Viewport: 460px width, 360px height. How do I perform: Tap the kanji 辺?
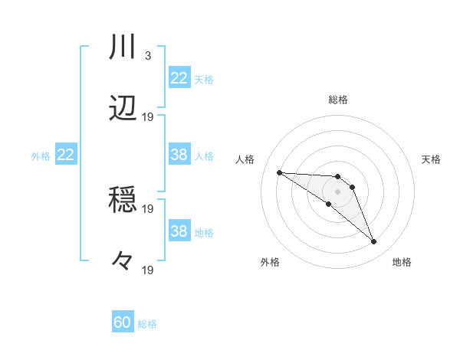[x=123, y=109]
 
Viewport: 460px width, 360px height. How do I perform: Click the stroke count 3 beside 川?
[x=147, y=56]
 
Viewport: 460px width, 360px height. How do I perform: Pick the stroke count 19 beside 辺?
[x=148, y=117]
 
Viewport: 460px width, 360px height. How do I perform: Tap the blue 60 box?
[x=123, y=322]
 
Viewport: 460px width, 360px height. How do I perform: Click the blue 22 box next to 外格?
[x=66, y=155]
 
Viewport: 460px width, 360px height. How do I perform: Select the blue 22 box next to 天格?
[x=179, y=78]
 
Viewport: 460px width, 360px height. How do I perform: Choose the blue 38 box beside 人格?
[x=179, y=155]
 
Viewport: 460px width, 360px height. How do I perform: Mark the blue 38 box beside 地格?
[x=179, y=231]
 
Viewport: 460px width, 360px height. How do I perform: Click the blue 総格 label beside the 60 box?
[x=148, y=324]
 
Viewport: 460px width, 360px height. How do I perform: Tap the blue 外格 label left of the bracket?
[x=41, y=155]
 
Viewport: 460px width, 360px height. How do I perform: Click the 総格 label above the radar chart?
[x=337, y=100]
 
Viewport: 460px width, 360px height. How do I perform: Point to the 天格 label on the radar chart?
[x=432, y=159]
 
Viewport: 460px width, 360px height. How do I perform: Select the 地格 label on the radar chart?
[x=402, y=262]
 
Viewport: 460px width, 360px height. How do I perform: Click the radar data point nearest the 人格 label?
[x=279, y=172]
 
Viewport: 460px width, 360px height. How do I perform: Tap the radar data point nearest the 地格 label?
[x=373, y=242]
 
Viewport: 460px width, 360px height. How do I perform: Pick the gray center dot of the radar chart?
[x=337, y=191]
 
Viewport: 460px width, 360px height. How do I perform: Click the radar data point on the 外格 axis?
[x=328, y=204]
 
